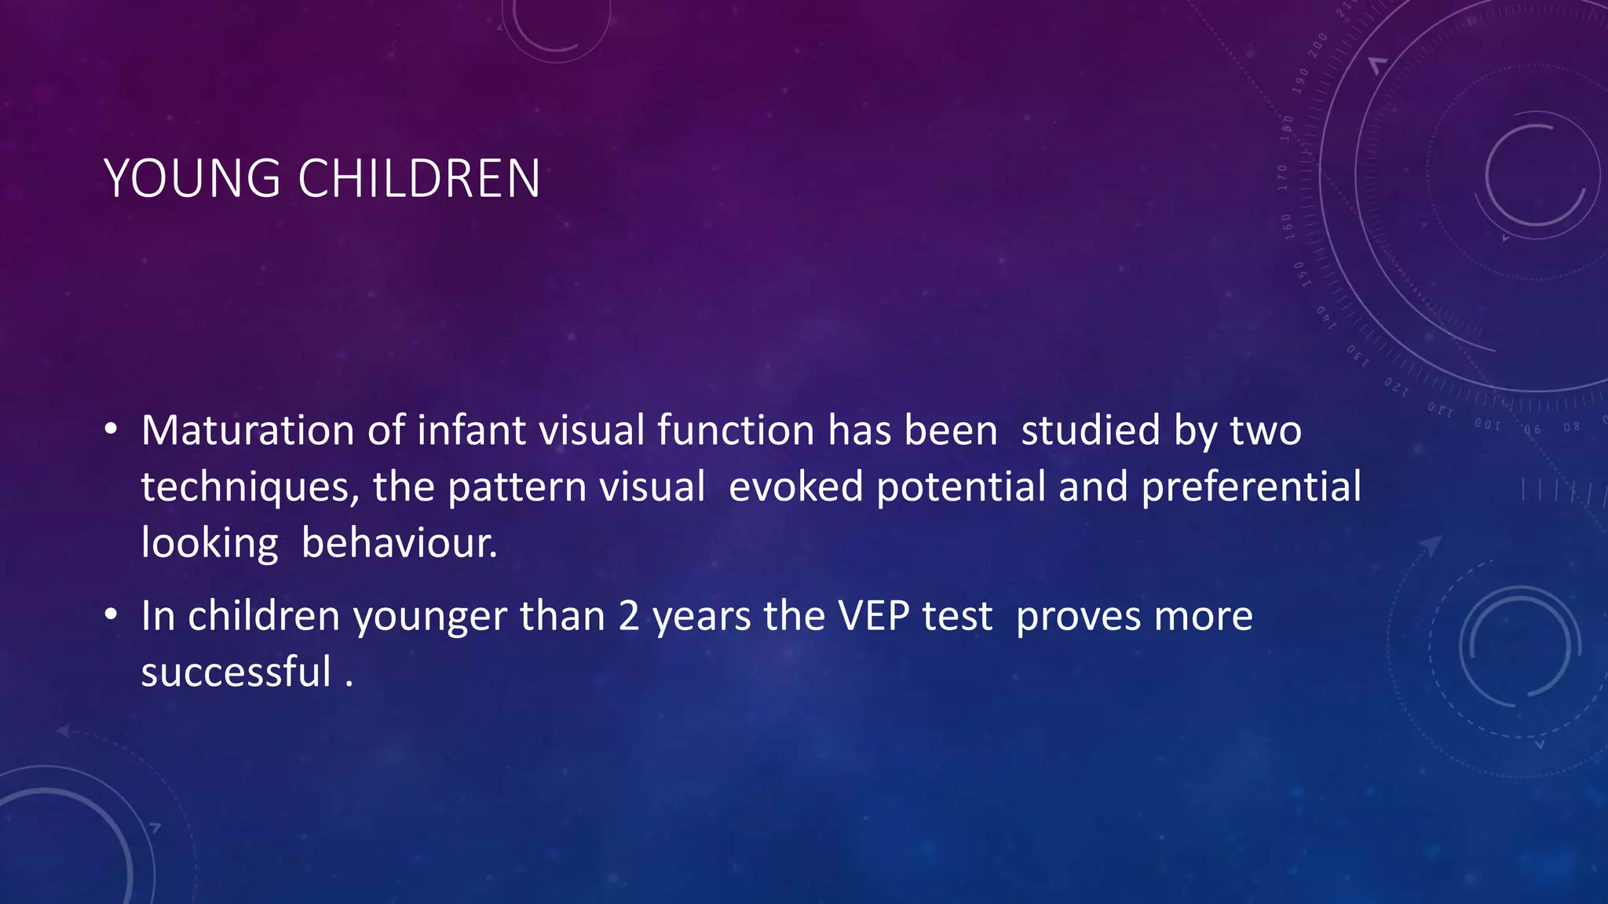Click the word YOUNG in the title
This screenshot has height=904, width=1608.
(x=192, y=179)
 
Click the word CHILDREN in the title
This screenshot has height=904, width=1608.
(x=419, y=179)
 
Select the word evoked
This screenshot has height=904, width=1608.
(x=795, y=487)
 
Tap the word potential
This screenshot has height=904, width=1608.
(x=961, y=487)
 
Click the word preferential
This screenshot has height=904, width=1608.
(x=1252, y=487)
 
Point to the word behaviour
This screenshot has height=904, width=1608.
(x=399, y=543)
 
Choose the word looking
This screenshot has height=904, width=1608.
(x=210, y=543)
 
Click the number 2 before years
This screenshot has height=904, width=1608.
(x=629, y=616)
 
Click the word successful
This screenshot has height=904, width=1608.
(x=236, y=673)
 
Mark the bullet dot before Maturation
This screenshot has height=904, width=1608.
(x=111, y=430)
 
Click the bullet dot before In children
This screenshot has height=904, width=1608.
(x=111, y=615)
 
